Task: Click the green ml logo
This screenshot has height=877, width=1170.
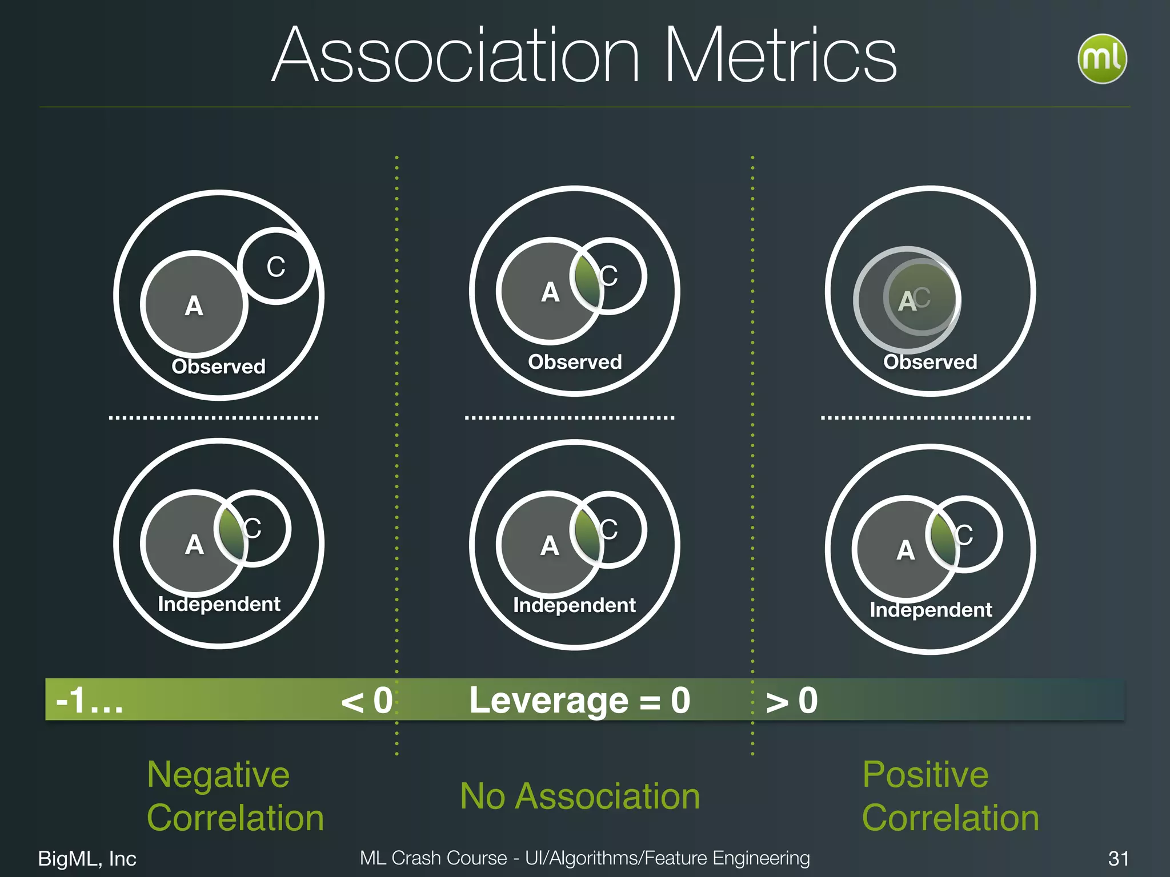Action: pos(1101,59)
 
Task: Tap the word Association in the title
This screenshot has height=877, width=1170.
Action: pos(455,56)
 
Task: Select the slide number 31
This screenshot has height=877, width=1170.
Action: pos(1118,858)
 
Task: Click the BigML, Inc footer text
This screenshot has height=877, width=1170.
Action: pos(87,858)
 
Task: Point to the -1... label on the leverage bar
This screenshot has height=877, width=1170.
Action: pos(90,701)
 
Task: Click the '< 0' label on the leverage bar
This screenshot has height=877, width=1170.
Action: pos(366,701)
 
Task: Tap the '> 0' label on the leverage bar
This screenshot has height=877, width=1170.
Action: pos(791,701)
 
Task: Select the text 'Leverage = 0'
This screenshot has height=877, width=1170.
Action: pos(579,701)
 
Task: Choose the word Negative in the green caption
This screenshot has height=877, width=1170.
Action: pos(218,775)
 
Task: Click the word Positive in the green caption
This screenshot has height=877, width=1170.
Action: pos(925,775)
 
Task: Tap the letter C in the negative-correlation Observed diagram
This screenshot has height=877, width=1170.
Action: pos(276,267)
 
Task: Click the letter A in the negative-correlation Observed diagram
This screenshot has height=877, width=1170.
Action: pos(194,306)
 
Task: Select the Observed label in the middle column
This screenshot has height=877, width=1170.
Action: pos(575,362)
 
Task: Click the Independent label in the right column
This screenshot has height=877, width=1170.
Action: pos(931,610)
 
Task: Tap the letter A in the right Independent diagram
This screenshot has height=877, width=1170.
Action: pos(905,550)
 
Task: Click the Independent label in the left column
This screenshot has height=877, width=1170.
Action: pos(219,604)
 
